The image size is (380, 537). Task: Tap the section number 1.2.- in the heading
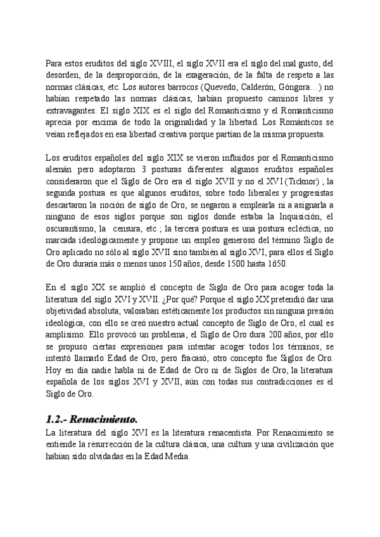tap(58, 420)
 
